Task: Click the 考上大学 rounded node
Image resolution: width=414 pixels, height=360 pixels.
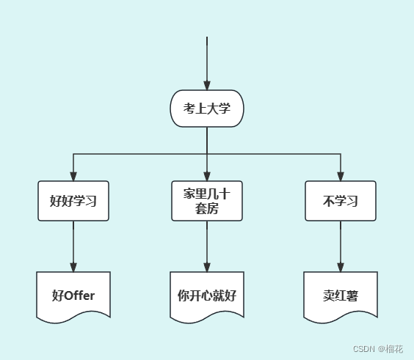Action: [x=207, y=109]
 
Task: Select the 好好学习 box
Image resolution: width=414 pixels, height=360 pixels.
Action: [x=73, y=201]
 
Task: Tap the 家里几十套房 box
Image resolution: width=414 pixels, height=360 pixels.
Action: [x=207, y=201]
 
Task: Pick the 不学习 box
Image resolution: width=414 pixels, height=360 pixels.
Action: [x=341, y=201]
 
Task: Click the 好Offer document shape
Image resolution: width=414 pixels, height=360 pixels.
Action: [x=73, y=295]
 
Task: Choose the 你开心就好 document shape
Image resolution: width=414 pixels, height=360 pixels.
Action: [x=207, y=295]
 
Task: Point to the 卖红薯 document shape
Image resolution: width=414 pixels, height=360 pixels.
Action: [x=341, y=295]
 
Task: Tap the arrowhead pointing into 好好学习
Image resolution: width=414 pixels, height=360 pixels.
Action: [x=73, y=176]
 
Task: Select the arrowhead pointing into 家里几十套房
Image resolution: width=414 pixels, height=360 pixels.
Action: [x=207, y=176]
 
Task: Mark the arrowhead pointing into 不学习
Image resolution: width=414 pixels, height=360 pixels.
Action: [x=341, y=176]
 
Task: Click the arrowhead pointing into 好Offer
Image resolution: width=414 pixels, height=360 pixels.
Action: [x=73, y=267]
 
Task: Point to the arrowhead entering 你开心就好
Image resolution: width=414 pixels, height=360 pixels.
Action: [x=207, y=267]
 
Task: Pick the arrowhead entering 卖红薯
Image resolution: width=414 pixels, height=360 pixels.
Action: [x=341, y=267]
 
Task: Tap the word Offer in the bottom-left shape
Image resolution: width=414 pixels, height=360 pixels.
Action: [x=80, y=296]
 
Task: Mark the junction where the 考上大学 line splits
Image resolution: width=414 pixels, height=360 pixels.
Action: [x=207, y=154]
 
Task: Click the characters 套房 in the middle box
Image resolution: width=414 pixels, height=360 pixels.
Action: [x=207, y=208]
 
